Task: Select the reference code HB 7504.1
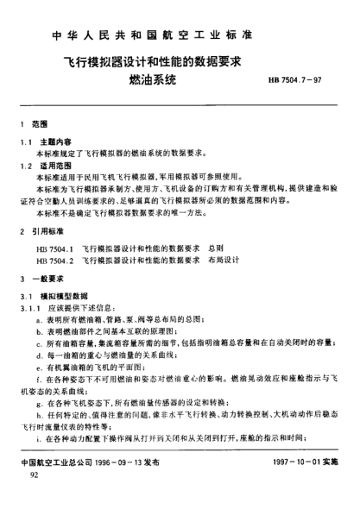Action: pyautogui.click(x=56, y=248)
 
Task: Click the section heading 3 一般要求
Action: pyautogui.click(x=42, y=280)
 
